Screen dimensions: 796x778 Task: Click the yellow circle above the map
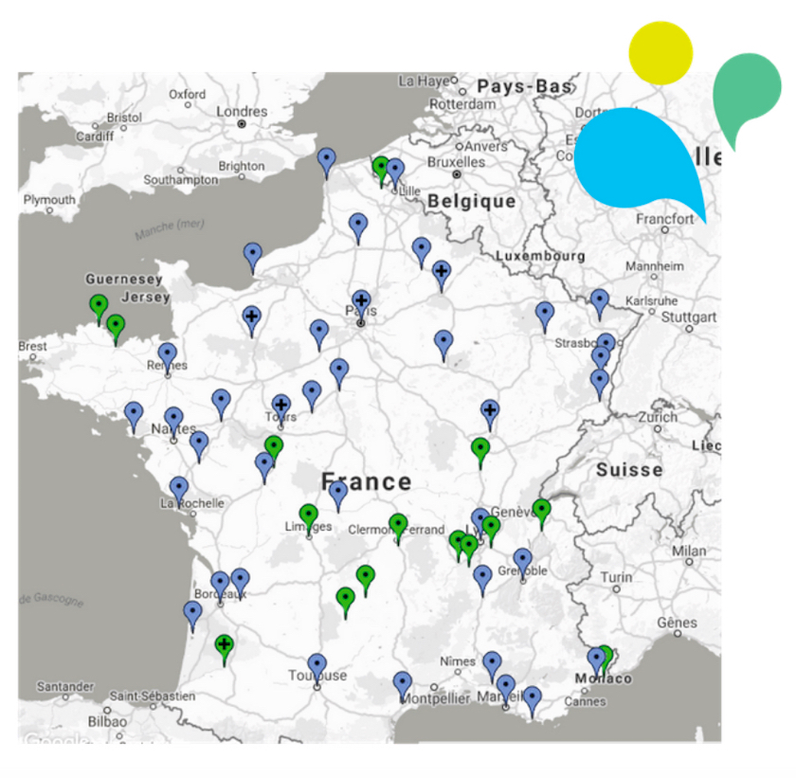point(660,52)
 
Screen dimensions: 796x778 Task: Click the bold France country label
point(366,480)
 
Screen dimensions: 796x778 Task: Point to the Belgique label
point(471,201)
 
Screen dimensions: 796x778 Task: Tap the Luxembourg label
point(540,256)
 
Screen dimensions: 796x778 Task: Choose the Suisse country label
point(629,470)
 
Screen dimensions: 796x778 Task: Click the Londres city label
point(242,112)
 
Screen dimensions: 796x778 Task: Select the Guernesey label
point(124,280)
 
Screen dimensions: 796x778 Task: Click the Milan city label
point(689,551)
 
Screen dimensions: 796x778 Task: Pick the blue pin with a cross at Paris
point(360,302)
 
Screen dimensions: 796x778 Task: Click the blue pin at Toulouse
point(317,665)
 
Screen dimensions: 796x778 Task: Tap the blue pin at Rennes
point(168,354)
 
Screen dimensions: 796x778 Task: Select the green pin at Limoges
point(308,516)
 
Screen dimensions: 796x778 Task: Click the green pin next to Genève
point(541,511)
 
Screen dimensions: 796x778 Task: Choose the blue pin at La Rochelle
point(179,489)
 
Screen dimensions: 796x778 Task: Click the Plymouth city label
point(49,200)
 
